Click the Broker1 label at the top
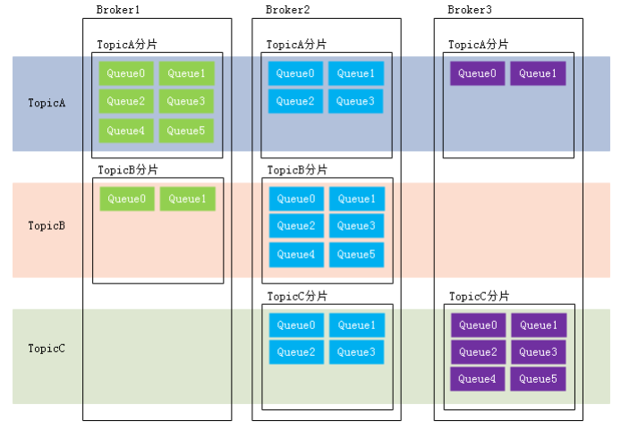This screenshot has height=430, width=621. click(x=118, y=10)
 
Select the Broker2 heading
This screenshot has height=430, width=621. click(x=288, y=10)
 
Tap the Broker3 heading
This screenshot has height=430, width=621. click(x=469, y=10)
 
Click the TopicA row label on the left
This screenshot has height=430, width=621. click(x=47, y=103)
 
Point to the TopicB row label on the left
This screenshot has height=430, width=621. click(x=47, y=225)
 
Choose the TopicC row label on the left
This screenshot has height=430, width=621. click(x=47, y=348)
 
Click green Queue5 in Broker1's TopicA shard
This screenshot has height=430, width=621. click(x=186, y=131)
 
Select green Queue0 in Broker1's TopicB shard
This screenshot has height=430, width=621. click(x=126, y=199)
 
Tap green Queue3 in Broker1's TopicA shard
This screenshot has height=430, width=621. click(x=186, y=102)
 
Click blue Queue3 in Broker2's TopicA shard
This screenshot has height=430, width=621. click(x=356, y=102)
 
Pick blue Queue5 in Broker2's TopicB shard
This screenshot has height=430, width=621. click(x=356, y=255)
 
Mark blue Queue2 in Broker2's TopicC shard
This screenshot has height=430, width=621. click(x=296, y=352)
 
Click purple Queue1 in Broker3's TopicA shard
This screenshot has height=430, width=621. click(x=538, y=73)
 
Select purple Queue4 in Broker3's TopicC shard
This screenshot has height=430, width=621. click(x=478, y=379)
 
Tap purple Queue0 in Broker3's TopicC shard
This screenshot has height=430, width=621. click(x=478, y=325)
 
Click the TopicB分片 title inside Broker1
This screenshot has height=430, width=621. click(x=127, y=170)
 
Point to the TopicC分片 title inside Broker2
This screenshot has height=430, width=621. click(x=297, y=296)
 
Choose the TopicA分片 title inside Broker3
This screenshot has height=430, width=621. click(x=479, y=44)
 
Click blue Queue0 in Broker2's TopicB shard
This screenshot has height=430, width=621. click(x=296, y=198)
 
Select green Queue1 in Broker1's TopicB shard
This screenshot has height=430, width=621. click(x=187, y=199)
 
